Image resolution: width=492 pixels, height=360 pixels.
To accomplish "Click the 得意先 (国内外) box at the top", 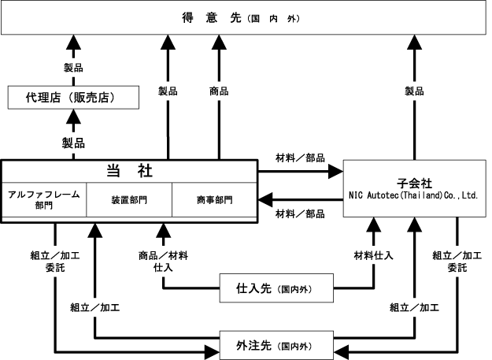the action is (x=243, y=17).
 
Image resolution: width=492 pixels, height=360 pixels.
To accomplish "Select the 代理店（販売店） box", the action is (x=73, y=98).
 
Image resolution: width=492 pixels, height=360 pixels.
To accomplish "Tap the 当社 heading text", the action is (x=129, y=171).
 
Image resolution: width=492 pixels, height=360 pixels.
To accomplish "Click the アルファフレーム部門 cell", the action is (x=44, y=199).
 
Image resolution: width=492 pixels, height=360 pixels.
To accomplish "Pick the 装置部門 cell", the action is (x=129, y=199).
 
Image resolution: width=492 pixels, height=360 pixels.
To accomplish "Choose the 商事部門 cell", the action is (x=215, y=199).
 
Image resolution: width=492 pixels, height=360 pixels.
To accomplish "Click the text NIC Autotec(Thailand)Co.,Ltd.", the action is (x=413, y=195).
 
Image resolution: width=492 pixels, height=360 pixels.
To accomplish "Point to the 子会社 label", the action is (x=414, y=184).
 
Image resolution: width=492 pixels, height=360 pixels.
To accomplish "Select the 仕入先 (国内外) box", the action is (x=276, y=288).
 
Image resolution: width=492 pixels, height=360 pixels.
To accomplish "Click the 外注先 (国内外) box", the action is (x=276, y=345).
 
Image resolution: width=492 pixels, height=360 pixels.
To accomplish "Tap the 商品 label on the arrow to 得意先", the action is (x=219, y=91).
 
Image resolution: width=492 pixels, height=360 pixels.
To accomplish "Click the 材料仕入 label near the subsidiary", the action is (x=373, y=255).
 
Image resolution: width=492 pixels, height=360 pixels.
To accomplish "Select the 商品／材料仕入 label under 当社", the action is (x=163, y=262).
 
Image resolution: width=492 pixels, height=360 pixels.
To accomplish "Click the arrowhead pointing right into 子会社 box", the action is (x=335, y=172).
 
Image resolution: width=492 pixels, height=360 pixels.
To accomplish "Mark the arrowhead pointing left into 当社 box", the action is (x=265, y=199).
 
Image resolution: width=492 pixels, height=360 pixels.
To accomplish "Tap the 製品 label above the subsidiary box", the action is (x=414, y=91).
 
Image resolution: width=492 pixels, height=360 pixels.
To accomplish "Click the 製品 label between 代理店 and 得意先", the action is (x=73, y=68).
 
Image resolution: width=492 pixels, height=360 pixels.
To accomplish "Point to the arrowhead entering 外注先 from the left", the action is (x=212, y=352).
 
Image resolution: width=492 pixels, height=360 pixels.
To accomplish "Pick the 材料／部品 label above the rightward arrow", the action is (x=300, y=158).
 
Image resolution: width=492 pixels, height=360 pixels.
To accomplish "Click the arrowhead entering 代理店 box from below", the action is (x=73, y=117).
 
